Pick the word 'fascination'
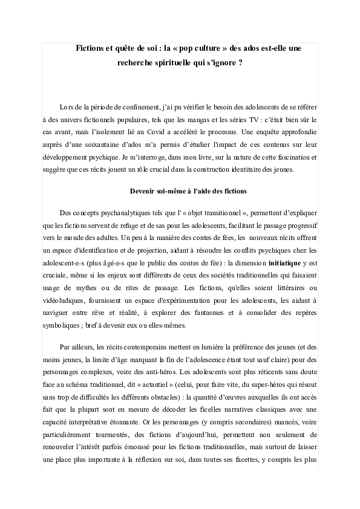[x=288, y=158]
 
